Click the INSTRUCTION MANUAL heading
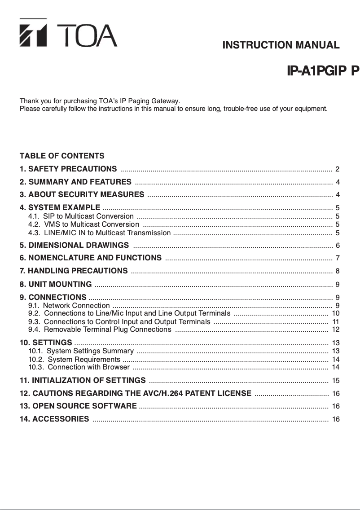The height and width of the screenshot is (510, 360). tap(281, 45)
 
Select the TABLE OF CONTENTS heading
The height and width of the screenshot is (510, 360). tap(62, 156)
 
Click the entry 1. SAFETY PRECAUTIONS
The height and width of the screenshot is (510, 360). tap(68, 169)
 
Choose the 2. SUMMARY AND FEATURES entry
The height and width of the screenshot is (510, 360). tap(75, 182)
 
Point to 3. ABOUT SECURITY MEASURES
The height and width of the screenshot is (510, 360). tap(82, 194)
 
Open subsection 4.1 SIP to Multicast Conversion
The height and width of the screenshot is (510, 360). tap(81, 216)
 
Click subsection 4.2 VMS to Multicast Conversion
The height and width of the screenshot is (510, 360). tap(83, 224)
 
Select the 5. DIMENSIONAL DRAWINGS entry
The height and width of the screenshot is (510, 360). tap(74, 245)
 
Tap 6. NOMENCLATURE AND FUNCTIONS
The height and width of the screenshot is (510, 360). tap(91, 258)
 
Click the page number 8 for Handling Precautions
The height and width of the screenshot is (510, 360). tap(337, 271)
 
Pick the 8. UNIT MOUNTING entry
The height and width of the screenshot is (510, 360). tap(56, 284)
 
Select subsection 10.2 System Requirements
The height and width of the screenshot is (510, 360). tap(74, 359)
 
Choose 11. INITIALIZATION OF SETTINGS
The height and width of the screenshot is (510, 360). tap(83, 381)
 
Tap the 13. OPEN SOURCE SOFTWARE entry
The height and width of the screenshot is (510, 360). tap(78, 406)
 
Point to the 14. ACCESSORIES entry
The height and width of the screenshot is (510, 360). tap(54, 419)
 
